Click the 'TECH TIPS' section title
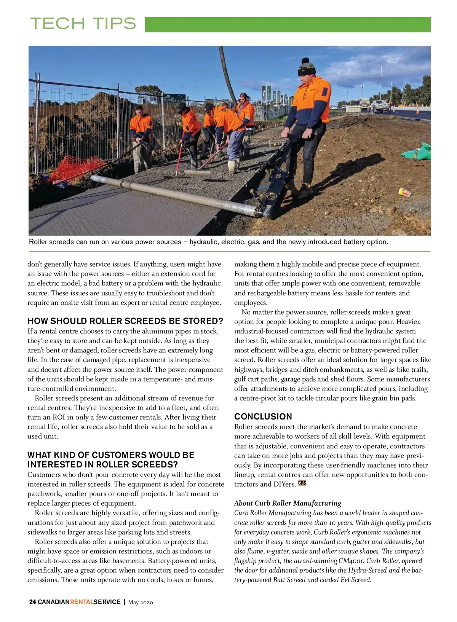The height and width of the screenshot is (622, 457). pyautogui.click(x=83, y=24)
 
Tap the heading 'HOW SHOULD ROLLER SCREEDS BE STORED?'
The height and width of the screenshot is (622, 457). pyautogui.click(x=125, y=321)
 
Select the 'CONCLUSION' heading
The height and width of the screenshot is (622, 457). pyautogui.click(x=263, y=416)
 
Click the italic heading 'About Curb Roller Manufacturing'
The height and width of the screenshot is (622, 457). pyautogui.click(x=288, y=503)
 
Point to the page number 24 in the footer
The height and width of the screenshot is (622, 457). pyautogui.click(x=32, y=602)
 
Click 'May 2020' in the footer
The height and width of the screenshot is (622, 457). pyautogui.click(x=141, y=602)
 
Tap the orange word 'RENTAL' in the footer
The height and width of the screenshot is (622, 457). pyautogui.click(x=81, y=602)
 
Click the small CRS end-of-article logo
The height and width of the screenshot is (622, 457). pyautogui.click(x=302, y=483)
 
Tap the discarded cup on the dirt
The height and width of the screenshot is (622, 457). pyautogui.click(x=404, y=192)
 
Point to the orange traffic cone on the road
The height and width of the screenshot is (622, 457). pyautogui.click(x=417, y=110)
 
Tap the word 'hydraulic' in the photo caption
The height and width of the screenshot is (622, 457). pyautogui.click(x=203, y=242)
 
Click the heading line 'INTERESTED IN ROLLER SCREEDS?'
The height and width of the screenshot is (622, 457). pyautogui.click(x=103, y=464)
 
